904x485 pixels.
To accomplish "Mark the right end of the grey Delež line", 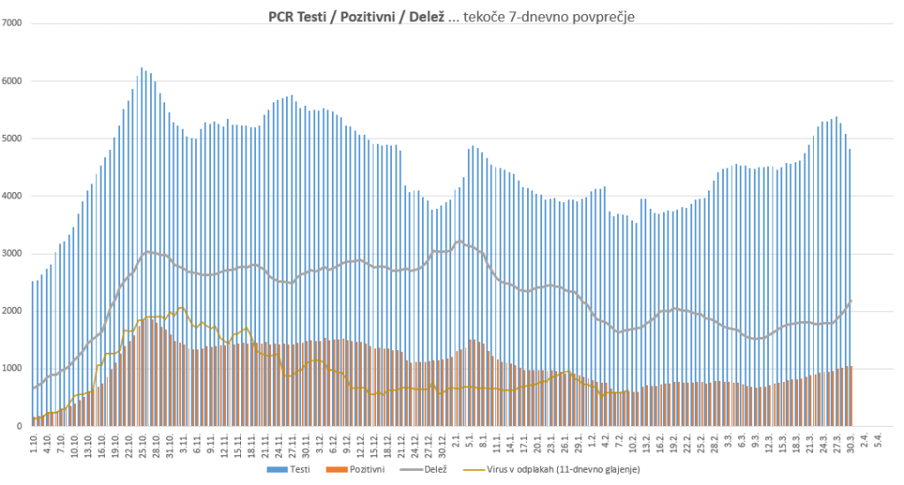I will click(x=851, y=301).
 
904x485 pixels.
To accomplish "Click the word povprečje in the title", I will click(x=600, y=17).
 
